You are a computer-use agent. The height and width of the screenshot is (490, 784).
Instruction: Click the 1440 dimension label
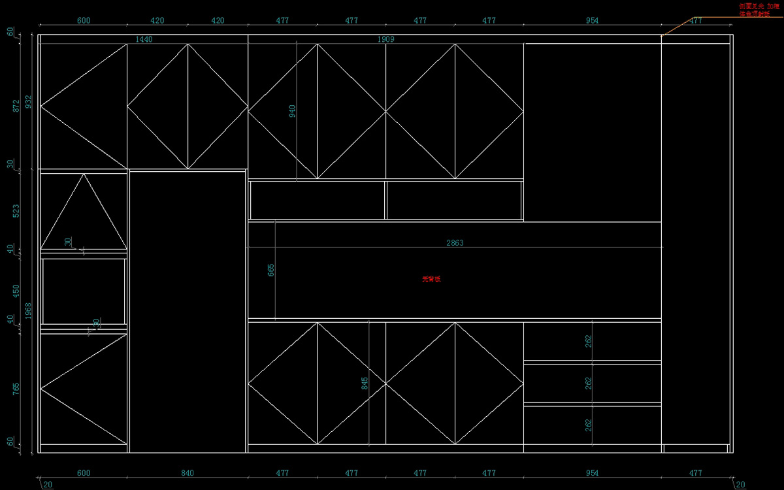pos(144,40)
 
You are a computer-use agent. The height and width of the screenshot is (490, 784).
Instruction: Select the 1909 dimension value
pos(386,40)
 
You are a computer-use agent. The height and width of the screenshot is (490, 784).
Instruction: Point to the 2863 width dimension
pos(455,243)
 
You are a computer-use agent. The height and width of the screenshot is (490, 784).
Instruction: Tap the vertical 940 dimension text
pos(292,112)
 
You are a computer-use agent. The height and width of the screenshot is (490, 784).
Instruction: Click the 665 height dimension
pos(271,270)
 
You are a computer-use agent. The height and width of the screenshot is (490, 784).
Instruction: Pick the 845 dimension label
pos(365,384)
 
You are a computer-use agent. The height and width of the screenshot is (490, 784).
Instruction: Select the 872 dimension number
pos(17,106)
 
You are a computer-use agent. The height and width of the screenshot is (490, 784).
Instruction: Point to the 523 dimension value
pos(17,211)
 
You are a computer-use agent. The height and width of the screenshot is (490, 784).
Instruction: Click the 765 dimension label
pos(17,389)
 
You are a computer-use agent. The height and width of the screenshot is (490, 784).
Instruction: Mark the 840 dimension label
pos(188,473)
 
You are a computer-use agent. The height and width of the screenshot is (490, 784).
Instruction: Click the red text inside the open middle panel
pos(431,279)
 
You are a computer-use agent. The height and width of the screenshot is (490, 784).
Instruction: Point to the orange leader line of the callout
pos(679,25)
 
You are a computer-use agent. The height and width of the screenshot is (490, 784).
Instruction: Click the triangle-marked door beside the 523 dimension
pos(84,211)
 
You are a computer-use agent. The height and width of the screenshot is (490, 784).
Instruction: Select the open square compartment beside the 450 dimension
pos(84,291)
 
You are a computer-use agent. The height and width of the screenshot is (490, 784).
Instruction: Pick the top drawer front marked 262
pos(592,340)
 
